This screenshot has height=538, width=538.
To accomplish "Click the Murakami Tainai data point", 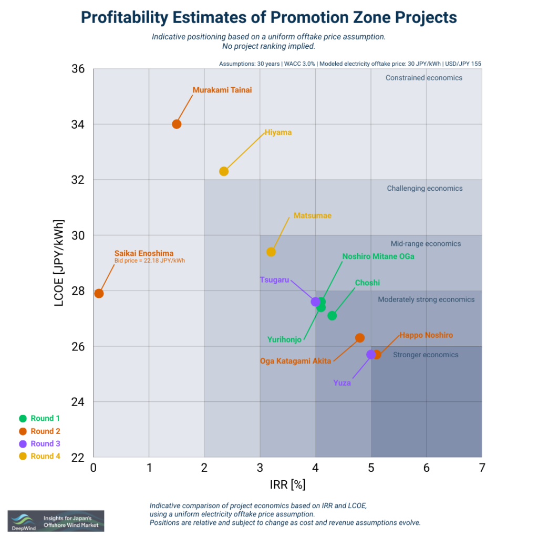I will (177, 124).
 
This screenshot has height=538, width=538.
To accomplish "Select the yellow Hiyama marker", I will (224, 171).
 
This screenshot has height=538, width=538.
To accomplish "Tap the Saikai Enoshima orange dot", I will (99, 293).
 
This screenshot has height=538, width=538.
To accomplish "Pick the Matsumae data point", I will (271, 252).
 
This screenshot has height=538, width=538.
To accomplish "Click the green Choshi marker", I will (332, 315).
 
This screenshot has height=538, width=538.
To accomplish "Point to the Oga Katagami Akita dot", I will (360, 338).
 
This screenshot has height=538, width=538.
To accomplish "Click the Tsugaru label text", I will (274, 280).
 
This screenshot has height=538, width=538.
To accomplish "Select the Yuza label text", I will (342, 383).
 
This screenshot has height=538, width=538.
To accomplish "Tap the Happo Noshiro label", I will (426, 335).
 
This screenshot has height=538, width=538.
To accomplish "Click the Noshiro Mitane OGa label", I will (378, 256).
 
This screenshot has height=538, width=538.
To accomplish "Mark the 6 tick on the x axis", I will (426, 468).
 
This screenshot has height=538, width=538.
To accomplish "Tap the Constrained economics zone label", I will (424, 78).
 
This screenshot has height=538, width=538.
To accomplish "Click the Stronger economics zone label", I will (426, 355).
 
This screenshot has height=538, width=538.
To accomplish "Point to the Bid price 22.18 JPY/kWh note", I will (150, 261).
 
